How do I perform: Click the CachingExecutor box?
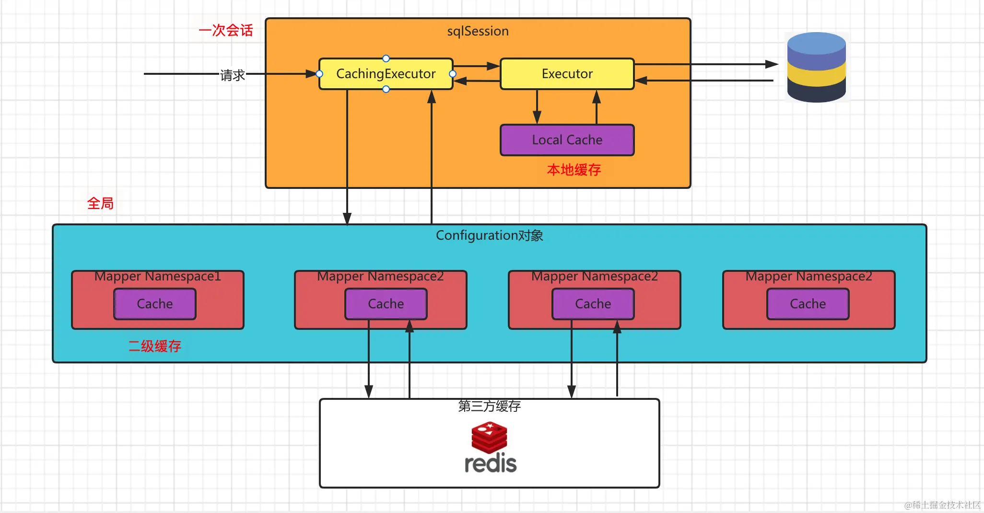[x=386, y=74]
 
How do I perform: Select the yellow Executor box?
[x=567, y=74]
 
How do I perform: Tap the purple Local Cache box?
[x=567, y=140]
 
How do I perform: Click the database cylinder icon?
[x=816, y=67]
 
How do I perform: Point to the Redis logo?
[x=490, y=448]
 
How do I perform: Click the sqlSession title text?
[x=478, y=31]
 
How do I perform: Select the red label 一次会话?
[x=226, y=31]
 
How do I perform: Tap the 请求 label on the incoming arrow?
[x=233, y=75]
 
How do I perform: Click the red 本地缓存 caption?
[x=574, y=170]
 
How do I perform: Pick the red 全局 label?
[x=100, y=204]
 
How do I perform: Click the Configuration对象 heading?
[x=489, y=235]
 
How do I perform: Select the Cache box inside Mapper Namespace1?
[x=155, y=304]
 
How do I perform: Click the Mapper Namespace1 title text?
[x=157, y=277]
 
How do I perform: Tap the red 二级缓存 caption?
[x=154, y=346]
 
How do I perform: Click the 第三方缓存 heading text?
[x=489, y=407]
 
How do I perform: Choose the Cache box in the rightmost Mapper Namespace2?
[x=808, y=304]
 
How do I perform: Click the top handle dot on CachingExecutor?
[x=386, y=58]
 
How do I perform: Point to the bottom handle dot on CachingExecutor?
[x=386, y=89]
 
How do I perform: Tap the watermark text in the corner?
[x=942, y=505]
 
